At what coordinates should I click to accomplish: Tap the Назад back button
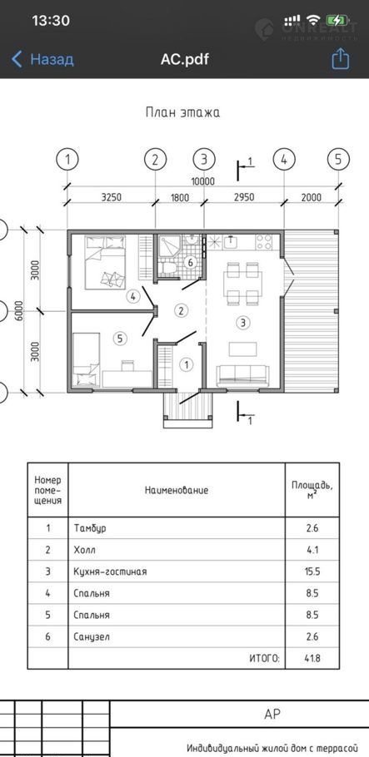click(42, 59)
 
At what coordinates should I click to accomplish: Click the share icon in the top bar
click(340, 59)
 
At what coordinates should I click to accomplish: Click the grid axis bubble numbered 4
click(284, 160)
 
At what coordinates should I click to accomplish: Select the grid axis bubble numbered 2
click(155, 160)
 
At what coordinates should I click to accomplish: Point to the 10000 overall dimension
click(203, 181)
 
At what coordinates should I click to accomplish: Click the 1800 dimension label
click(179, 197)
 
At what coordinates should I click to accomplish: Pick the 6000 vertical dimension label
click(18, 311)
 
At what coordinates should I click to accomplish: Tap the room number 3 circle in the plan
click(242, 323)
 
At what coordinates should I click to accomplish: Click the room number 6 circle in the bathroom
click(190, 263)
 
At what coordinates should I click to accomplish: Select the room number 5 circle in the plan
click(120, 339)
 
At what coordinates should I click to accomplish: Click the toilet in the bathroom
click(168, 268)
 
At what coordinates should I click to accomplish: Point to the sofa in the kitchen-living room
click(242, 376)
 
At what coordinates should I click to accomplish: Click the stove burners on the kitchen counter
click(264, 242)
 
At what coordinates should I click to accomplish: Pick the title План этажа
click(182, 113)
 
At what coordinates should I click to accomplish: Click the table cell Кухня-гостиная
click(110, 571)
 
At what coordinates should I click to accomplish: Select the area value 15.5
click(312, 571)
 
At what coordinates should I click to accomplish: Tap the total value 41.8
click(312, 658)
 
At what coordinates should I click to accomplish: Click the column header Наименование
click(177, 491)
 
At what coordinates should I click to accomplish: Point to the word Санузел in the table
click(92, 636)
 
